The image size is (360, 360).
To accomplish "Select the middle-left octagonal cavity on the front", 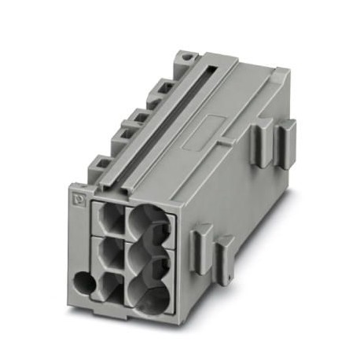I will click(109, 254).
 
